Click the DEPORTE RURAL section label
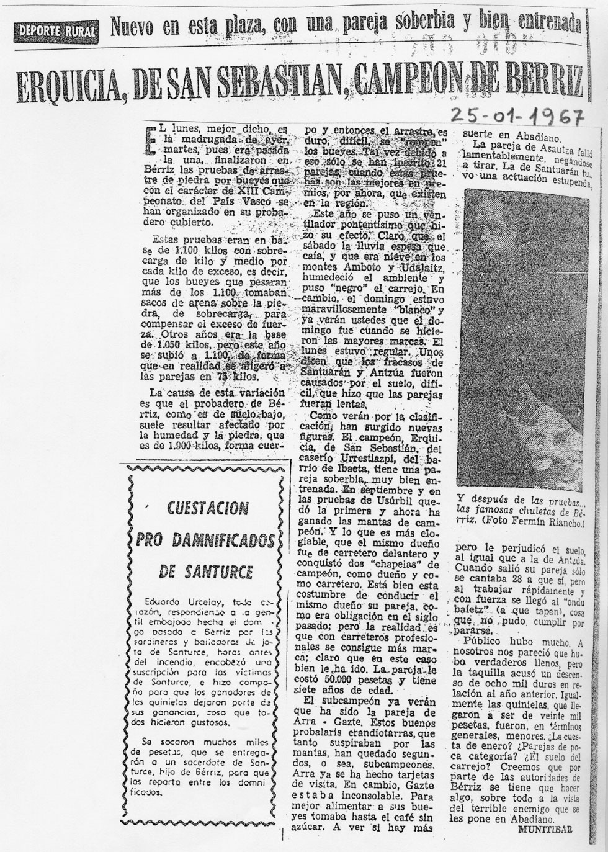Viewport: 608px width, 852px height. point(57,30)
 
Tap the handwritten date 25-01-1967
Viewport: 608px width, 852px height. point(517,116)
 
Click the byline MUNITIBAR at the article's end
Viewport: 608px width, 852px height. point(545,828)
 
